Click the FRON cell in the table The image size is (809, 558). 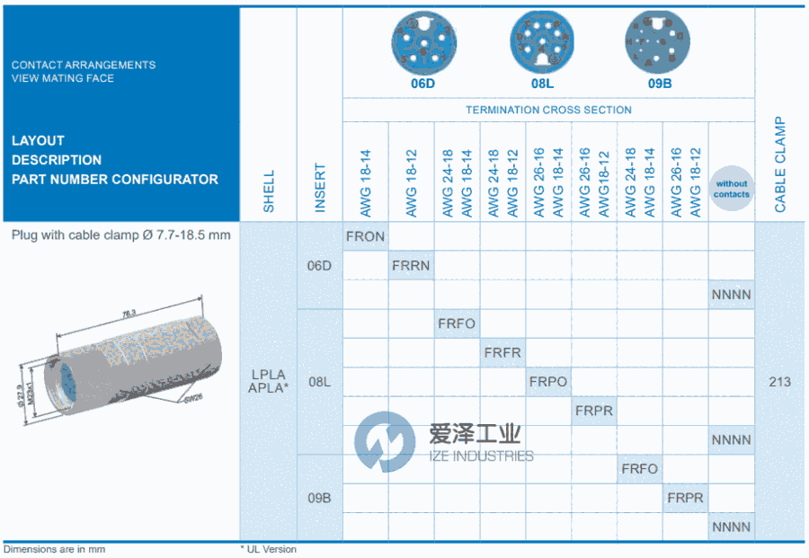[x=365, y=236]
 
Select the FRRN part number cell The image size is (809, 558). [x=412, y=265]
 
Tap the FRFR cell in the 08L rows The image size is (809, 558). [x=502, y=352]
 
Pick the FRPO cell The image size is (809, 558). [x=548, y=381]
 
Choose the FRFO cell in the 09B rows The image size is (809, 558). [x=639, y=468]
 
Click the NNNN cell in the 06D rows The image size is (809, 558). [x=731, y=294]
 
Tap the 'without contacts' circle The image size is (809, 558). [x=731, y=189]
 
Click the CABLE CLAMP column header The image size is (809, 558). [x=780, y=165]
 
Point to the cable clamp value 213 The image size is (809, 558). [x=780, y=381]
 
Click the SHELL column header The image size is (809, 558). [x=269, y=191]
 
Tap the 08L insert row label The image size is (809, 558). [x=320, y=382]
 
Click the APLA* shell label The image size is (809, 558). [x=269, y=388]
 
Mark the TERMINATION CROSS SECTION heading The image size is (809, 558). [x=548, y=110]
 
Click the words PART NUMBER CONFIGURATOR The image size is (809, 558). [x=115, y=179]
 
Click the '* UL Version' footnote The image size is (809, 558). [x=268, y=549]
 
